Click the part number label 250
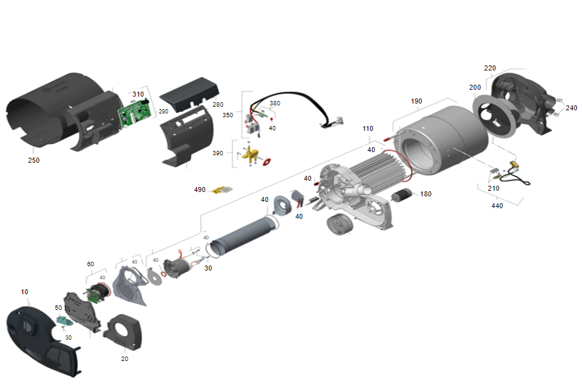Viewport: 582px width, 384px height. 34,160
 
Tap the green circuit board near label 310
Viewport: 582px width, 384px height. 135,113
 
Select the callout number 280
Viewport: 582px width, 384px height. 218,104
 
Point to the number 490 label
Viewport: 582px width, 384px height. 199,190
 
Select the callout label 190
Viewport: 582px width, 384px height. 416,101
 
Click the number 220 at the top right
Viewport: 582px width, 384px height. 490,68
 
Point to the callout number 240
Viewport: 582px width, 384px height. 571,108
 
